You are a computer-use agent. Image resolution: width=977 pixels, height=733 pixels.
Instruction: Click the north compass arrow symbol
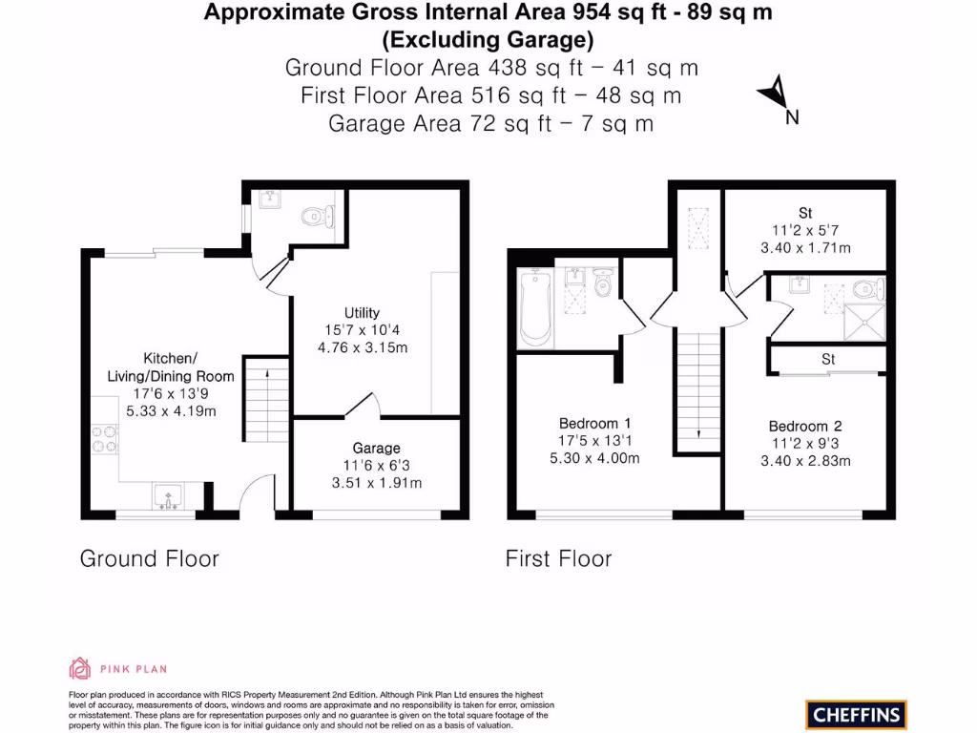click(775, 94)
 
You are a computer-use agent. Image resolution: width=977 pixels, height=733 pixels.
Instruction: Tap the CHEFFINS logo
click(856, 714)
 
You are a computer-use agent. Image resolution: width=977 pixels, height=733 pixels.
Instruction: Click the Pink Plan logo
click(118, 668)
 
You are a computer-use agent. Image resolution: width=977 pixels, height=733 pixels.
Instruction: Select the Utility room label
click(362, 313)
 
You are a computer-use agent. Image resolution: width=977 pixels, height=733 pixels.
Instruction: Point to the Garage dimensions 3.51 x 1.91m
click(376, 483)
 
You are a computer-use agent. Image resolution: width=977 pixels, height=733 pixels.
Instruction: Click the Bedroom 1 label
click(595, 423)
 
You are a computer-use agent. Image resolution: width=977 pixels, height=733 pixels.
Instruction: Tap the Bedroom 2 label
click(805, 426)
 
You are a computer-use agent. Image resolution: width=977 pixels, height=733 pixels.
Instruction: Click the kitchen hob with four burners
click(104, 438)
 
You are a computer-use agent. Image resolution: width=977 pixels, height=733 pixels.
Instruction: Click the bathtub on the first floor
click(534, 308)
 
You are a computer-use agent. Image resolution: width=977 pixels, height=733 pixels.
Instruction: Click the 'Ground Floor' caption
click(149, 558)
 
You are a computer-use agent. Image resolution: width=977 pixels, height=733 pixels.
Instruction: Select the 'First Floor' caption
click(558, 558)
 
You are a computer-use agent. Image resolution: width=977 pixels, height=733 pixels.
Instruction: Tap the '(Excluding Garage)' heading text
click(488, 40)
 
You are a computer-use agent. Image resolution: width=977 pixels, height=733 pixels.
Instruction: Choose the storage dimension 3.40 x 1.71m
click(805, 247)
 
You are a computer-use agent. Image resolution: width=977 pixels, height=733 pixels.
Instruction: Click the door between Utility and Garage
click(362, 408)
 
